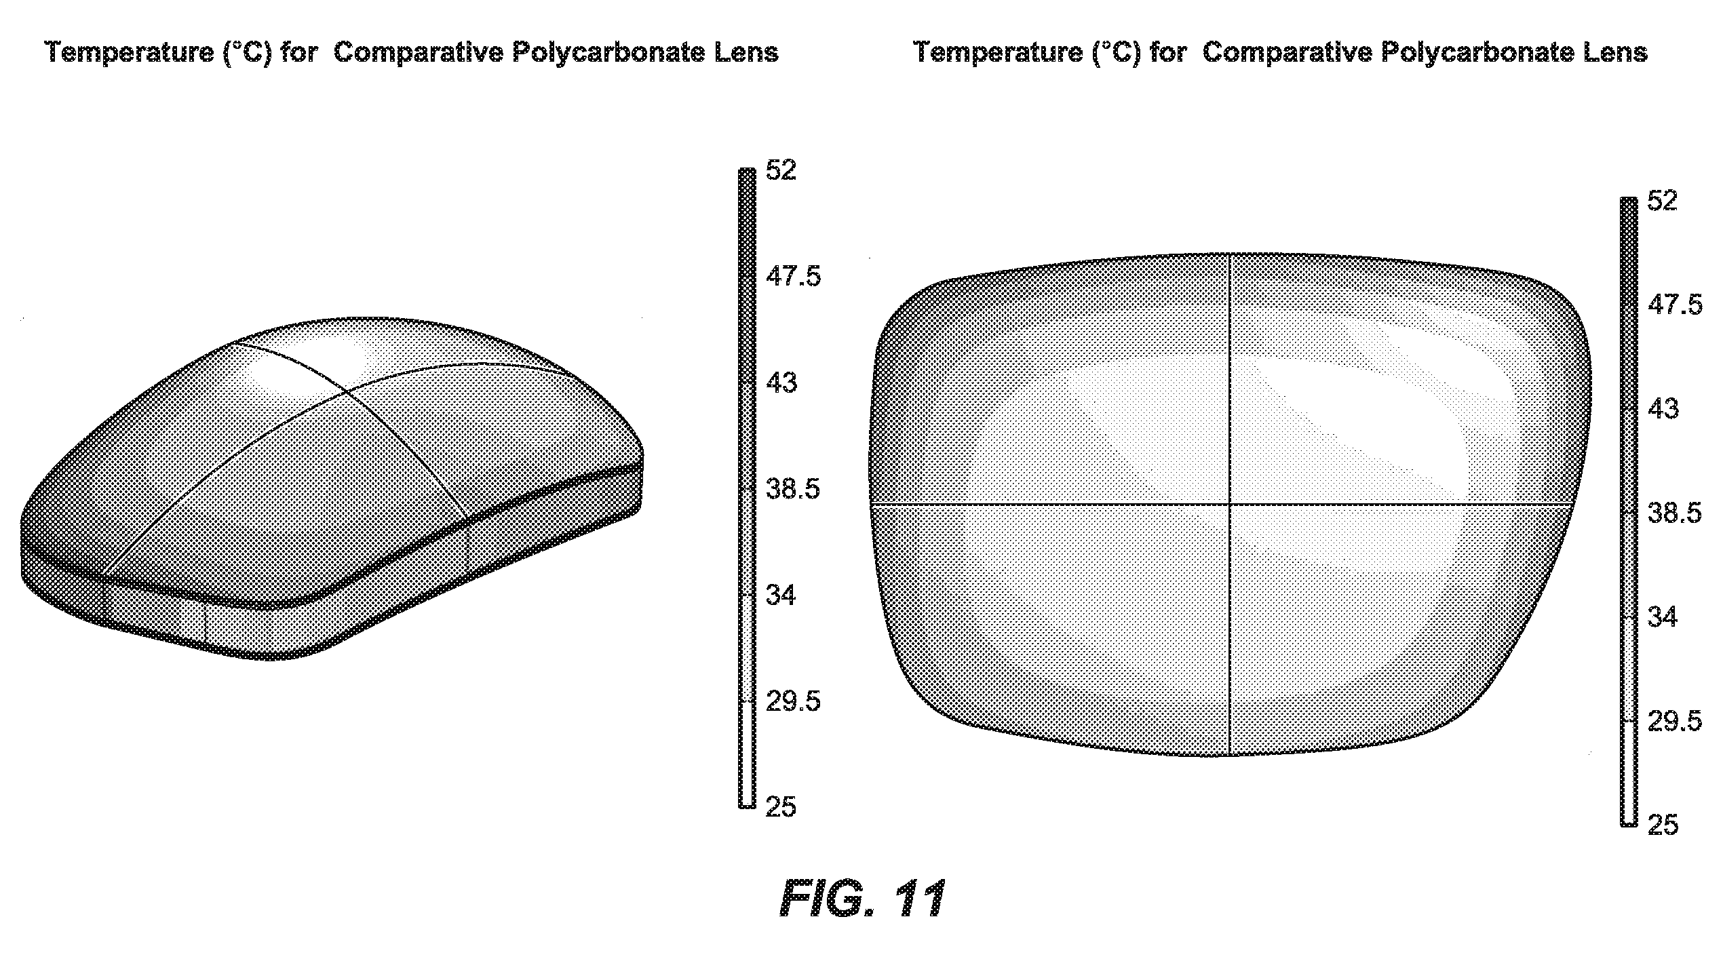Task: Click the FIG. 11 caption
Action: [862, 899]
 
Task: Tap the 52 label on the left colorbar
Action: [781, 170]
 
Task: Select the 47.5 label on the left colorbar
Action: [793, 277]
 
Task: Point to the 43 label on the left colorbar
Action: [781, 383]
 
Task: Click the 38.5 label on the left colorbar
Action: [793, 489]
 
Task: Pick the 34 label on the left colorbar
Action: [781, 595]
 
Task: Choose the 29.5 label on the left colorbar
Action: [793, 702]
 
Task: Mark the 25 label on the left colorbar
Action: [781, 807]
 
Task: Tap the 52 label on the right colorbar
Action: [1663, 200]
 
